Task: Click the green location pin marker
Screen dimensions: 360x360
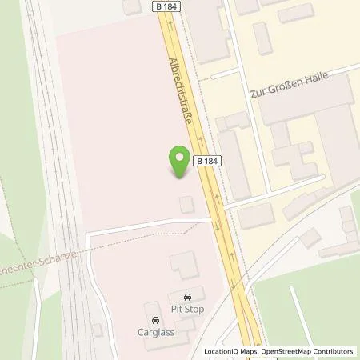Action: [x=180, y=162]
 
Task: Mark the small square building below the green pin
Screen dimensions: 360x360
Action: [x=186, y=205]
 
